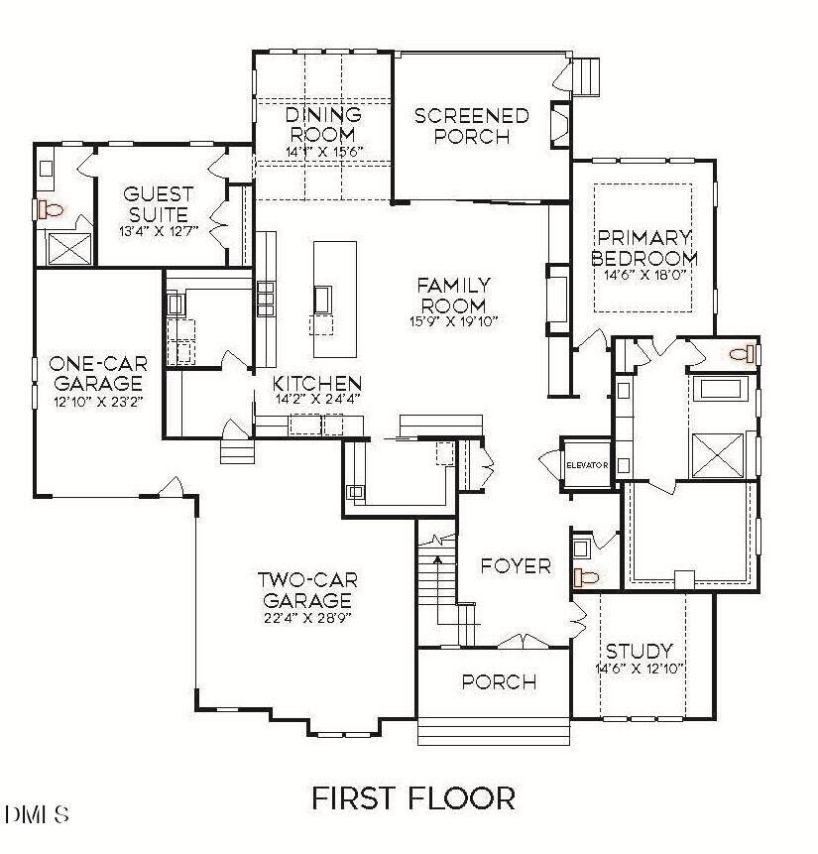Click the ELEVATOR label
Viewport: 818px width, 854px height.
[587, 465]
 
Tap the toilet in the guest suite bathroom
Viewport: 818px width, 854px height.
[51, 209]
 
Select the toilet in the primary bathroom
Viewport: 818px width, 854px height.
[743, 354]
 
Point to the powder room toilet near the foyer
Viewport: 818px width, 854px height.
[586, 576]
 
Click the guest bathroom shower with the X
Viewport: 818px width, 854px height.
[69, 249]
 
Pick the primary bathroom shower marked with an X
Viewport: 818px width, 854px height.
[717, 455]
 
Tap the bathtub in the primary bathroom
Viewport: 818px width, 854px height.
[721, 390]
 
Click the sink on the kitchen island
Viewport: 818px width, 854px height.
[322, 299]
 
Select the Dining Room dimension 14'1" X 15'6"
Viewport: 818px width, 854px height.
[324, 152]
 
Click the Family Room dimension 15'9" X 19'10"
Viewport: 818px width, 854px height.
[454, 322]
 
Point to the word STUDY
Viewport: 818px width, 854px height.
[640, 652]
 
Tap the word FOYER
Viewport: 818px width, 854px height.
[516, 566]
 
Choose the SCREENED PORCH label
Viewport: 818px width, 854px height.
[472, 126]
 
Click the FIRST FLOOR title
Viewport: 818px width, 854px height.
[413, 797]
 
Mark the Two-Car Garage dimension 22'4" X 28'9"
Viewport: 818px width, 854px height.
[306, 618]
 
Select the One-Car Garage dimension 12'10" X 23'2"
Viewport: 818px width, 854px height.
[98, 403]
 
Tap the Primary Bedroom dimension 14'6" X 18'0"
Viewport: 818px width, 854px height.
[643, 275]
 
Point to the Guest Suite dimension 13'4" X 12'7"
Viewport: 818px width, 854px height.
[159, 231]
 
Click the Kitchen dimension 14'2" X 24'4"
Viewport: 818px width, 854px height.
[318, 399]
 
